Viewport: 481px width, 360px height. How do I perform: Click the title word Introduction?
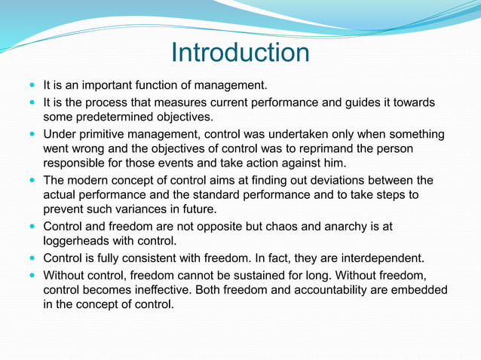[x=240, y=53]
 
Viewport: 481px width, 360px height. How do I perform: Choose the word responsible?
[x=78, y=164]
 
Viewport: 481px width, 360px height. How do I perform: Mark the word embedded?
[x=419, y=290]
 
